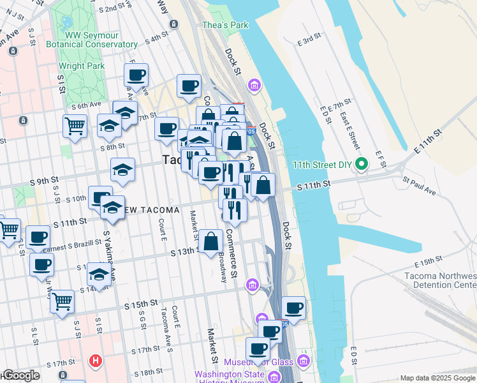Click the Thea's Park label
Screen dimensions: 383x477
tap(224, 25)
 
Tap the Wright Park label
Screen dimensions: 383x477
tap(81, 66)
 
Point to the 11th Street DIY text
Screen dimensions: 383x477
tap(323, 164)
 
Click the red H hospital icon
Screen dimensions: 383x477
tap(96, 361)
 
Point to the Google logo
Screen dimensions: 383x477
tap(20, 376)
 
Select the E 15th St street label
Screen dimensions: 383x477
tap(428, 263)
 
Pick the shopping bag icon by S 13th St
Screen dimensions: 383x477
tap(210, 242)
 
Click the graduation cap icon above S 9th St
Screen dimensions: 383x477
tap(122, 170)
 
